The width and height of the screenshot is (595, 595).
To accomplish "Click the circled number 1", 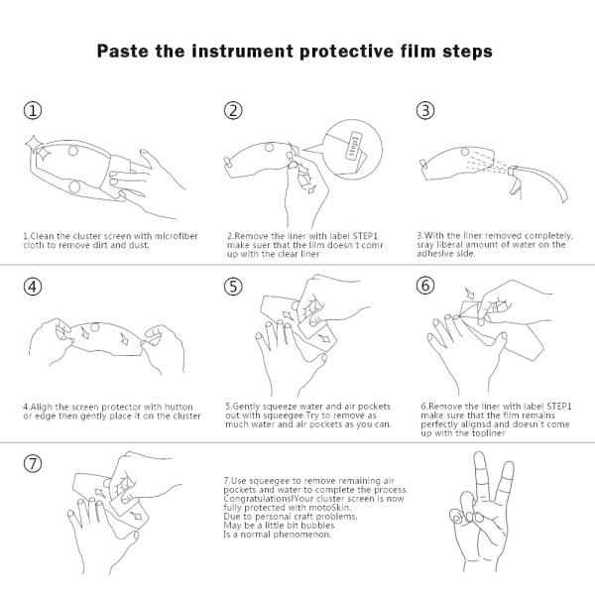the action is coord(33,110).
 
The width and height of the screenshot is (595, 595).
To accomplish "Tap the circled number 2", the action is coord(233,110).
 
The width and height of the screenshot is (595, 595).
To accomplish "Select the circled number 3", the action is coord(425,110).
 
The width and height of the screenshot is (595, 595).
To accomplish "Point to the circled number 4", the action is coord(33,287).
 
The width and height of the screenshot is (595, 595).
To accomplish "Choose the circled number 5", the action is coord(233,287).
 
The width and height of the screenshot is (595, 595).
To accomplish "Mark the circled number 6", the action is coord(425,285).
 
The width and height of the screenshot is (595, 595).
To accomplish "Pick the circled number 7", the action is coord(33,463).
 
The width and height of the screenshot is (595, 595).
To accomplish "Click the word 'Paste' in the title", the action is coord(124,52).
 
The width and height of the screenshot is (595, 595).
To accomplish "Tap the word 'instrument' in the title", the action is coord(243,52).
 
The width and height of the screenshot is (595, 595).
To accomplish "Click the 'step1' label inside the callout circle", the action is coord(353,146).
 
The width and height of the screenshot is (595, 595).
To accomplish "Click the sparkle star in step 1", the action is coord(39,147).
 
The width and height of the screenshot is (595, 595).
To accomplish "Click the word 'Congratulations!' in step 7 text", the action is coord(259,499).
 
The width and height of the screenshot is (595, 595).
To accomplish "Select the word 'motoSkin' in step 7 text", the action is coord(330,508).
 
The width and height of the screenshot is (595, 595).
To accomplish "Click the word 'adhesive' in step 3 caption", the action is coord(433,254).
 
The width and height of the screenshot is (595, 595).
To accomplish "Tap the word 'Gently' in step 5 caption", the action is coord(247,407).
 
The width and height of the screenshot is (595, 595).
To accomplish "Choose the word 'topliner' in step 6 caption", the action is coord(489,433).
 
